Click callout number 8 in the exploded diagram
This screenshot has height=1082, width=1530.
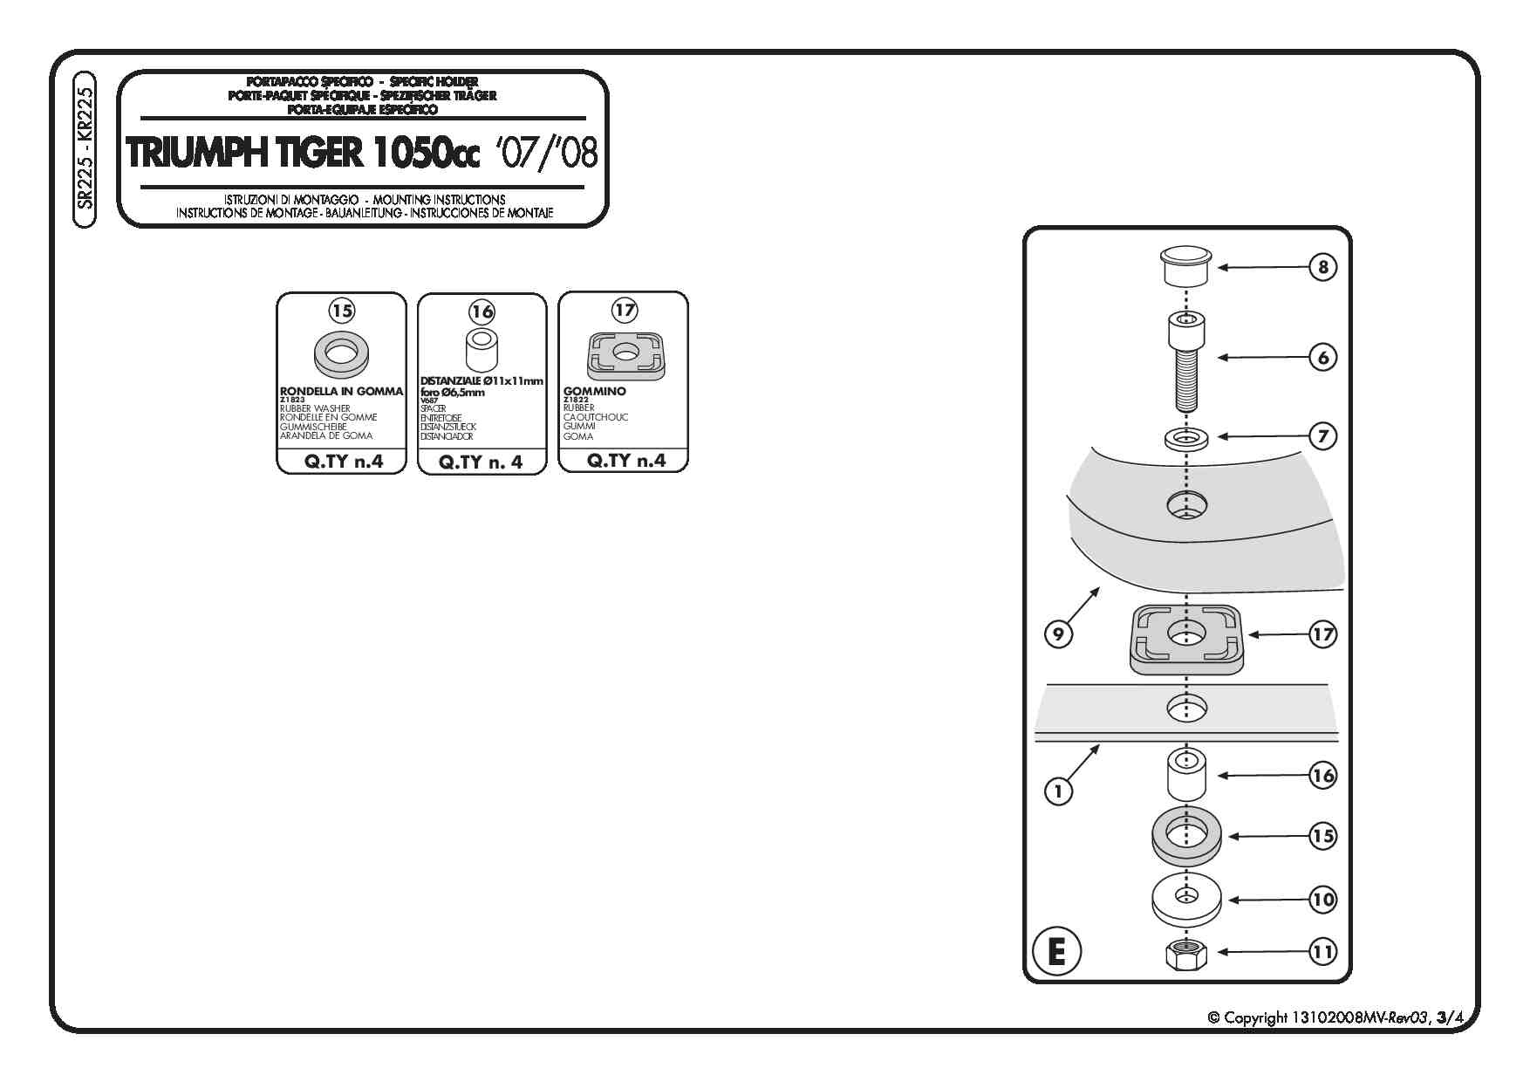pos(1322,267)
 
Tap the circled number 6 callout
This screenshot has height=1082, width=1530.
pos(1322,357)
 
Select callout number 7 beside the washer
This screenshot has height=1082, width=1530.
pos(1322,436)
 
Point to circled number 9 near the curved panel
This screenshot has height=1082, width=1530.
pos(1058,633)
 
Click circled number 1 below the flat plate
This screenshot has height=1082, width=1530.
pos(1058,791)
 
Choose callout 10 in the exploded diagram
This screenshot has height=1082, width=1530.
pos(1322,900)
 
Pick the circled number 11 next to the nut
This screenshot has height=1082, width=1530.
pos(1322,951)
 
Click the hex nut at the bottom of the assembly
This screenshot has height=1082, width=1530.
pos(1185,954)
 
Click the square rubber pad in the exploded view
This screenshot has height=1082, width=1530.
pos(1185,640)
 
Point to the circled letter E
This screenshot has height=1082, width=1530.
pos(1056,950)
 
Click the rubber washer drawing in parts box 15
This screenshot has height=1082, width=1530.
pos(341,354)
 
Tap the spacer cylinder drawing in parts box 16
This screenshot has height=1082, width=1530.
pos(481,351)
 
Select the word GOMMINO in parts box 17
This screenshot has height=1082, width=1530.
pos(594,392)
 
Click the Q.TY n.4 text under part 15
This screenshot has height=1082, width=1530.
pos(343,462)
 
